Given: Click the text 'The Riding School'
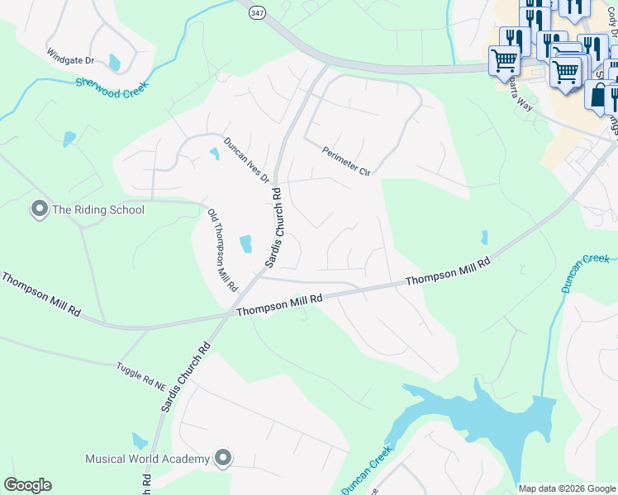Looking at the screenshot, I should pos(98,210).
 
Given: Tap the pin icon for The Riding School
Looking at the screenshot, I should pos(39,209).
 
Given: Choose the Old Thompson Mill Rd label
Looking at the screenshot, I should pos(222,250).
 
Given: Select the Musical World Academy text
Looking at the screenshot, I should pos(148,459).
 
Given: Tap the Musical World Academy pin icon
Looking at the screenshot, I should pos(222,458).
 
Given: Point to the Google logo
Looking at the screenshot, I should pos(27,485).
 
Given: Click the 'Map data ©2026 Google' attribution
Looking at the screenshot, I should pos(567,488).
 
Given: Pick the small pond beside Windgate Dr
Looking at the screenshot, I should pos(114,62).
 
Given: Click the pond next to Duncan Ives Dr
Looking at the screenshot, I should pos(215,153).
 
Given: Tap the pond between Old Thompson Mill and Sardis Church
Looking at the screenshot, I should pos(245,243).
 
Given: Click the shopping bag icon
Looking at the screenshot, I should pos(597,93).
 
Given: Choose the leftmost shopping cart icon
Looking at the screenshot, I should pos(504,60).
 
